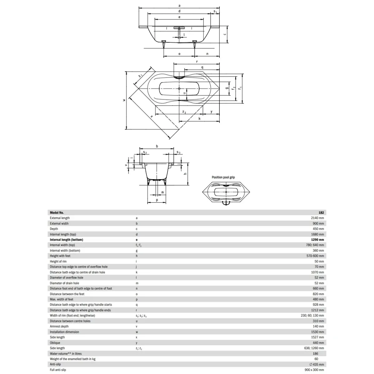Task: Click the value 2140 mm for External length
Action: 317,218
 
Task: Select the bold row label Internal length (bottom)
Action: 66,240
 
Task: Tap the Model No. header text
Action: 57,213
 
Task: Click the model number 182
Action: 321,213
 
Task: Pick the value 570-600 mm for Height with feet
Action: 315,256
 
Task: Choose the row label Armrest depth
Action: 59,326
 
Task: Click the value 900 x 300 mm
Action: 314,370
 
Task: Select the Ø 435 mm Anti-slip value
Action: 317,364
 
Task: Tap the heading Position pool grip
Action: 223,177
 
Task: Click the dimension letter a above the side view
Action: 179,6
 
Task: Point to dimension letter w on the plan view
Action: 124,100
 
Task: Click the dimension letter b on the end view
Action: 157,146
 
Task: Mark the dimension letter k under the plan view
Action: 199,118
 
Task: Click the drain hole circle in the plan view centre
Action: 179,89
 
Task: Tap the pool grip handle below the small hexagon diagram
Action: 226,203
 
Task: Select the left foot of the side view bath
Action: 164,44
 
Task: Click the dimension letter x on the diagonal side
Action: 152,117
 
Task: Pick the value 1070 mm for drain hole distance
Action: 318,272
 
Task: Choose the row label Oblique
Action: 55,343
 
